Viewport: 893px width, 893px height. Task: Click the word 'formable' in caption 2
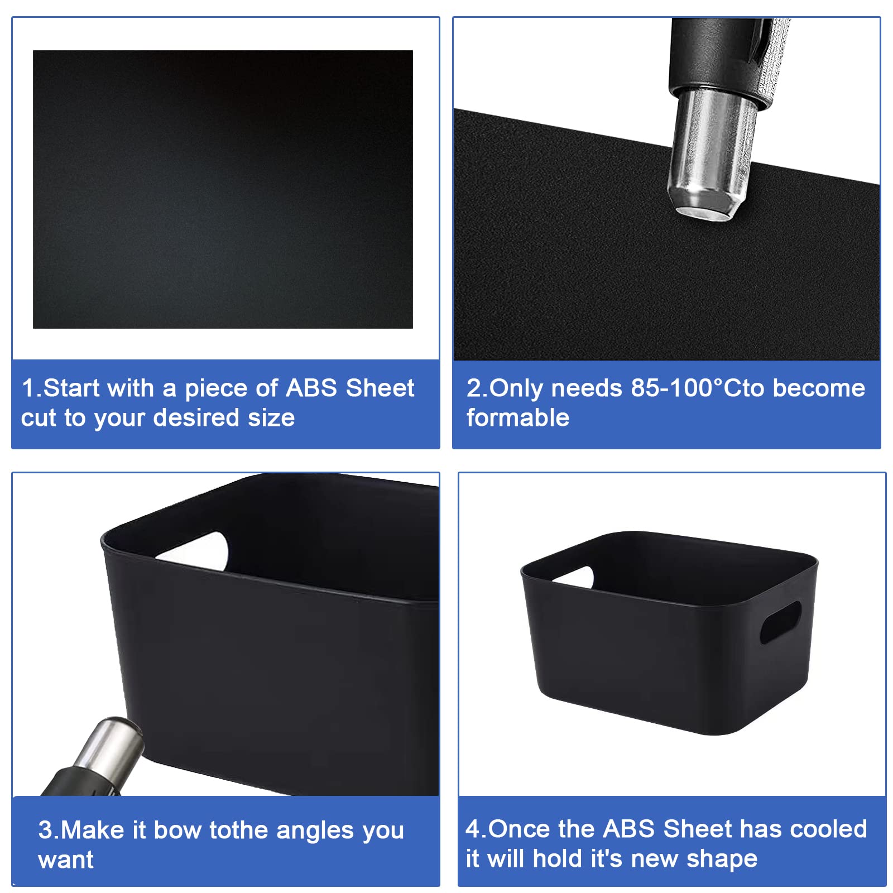(518, 417)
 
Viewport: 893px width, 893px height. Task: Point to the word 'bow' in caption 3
(177, 830)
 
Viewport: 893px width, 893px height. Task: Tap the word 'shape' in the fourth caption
(722, 859)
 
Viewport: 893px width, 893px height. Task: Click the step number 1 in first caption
(28, 388)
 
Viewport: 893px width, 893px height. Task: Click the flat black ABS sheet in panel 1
(223, 189)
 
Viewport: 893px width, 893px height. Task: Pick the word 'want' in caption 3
(66, 860)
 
